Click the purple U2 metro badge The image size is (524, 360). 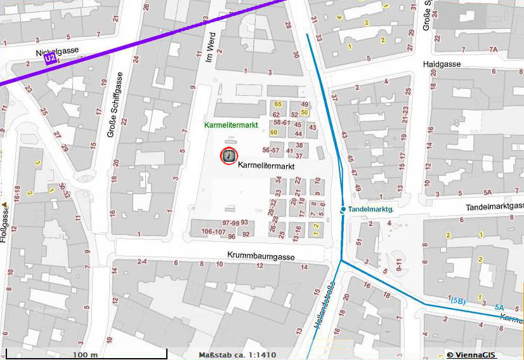(50, 59)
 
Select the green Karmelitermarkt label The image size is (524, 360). (231, 125)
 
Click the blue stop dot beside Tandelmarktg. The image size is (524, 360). (343, 209)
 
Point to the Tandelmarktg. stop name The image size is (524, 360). (371, 209)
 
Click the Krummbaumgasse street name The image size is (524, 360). (262, 255)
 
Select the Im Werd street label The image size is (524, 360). (213, 47)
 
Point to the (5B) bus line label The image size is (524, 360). (459, 300)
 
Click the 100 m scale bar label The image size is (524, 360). (85, 354)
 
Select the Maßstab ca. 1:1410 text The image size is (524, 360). (237, 354)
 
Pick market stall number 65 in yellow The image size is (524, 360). (277, 104)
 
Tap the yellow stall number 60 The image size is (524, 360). (274, 132)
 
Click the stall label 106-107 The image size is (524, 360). (213, 232)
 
